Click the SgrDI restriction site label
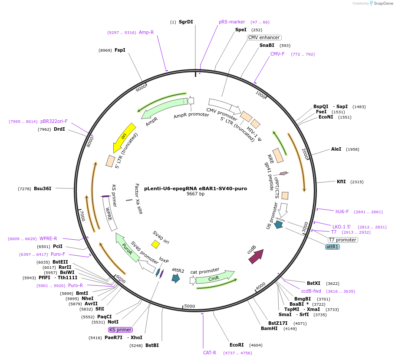click(186, 22)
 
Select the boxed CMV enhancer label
click(264, 37)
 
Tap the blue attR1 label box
click(332, 247)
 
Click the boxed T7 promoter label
click(342, 240)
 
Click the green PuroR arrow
click(127, 248)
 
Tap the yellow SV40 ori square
click(155, 244)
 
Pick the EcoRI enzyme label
click(237, 345)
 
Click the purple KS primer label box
click(120, 330)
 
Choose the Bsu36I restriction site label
click(43, 188)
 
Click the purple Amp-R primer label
click(146, 32)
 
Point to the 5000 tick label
click(190, 306)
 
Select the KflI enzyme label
click(341, 182)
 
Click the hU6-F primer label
click(342, 211)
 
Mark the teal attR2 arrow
click(176, 278)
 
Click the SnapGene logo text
click(381, 3)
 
